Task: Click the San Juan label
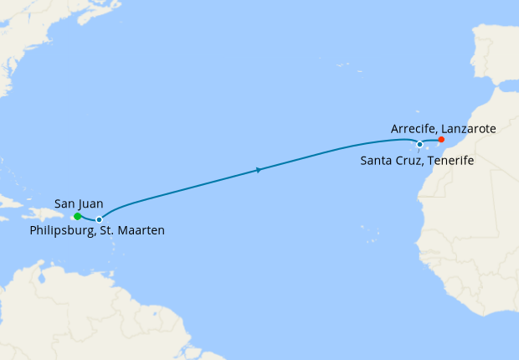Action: click(79, 203)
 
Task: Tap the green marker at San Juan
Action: click(77, 217)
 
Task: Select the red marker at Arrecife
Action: click(441, 140)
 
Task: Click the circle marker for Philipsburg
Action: click(100, 219)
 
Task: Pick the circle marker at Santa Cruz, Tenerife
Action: click(419, 144)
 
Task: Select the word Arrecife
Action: click(414, 129)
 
